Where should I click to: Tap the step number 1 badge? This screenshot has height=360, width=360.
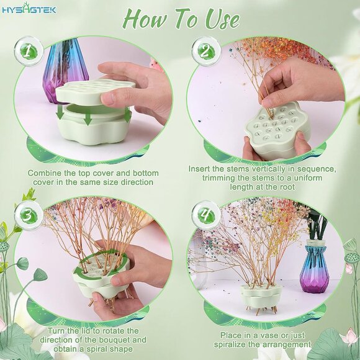29,52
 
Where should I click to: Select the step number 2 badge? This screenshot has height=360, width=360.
206,51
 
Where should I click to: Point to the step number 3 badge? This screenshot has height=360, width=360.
29,215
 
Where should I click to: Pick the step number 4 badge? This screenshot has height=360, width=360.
206,215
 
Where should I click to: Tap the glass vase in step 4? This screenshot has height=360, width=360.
313,266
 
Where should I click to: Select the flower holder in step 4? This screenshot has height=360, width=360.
261,297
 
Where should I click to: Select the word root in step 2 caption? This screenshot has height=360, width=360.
287,187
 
